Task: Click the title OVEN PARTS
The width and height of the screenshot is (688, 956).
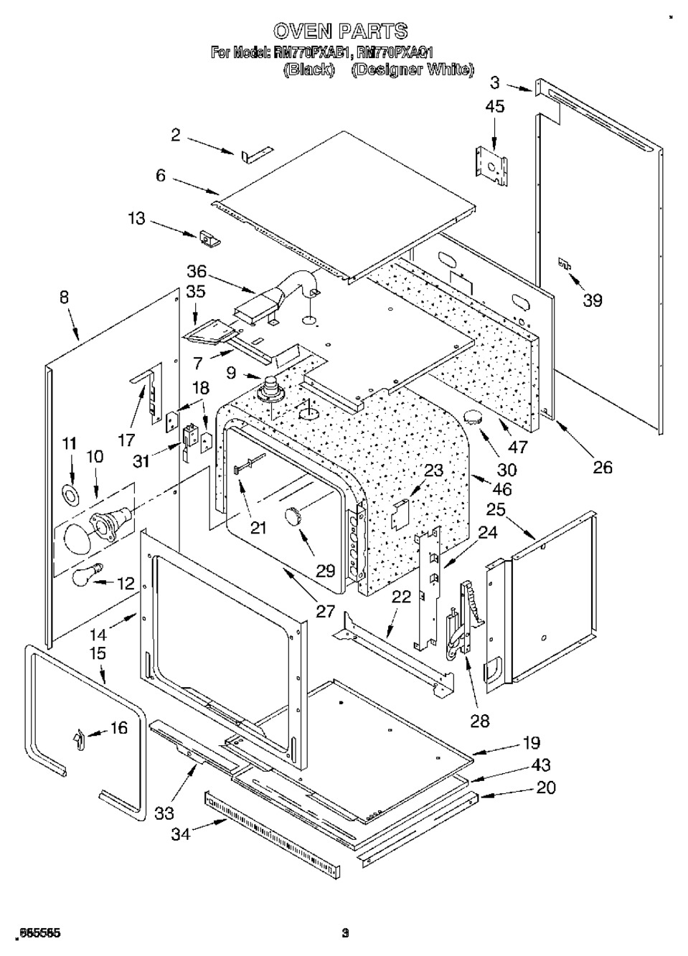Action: [341, 31]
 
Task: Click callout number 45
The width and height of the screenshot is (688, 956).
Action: [495, 107]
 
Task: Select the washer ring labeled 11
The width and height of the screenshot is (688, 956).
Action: [70, 493]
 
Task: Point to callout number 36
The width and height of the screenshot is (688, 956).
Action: [196, 272]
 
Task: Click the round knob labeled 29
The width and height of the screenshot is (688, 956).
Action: [294, 514]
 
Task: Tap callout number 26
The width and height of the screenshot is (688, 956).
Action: [603, 467]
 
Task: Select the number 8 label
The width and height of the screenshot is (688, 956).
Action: [65, 297]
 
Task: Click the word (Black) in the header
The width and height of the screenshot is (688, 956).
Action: [309, 70]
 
